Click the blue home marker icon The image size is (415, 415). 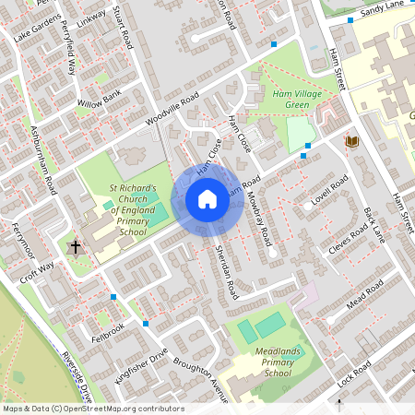tap(207, 200)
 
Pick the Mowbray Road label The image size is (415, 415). tap(262, 219)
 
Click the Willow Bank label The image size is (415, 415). tap(100, 98)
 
